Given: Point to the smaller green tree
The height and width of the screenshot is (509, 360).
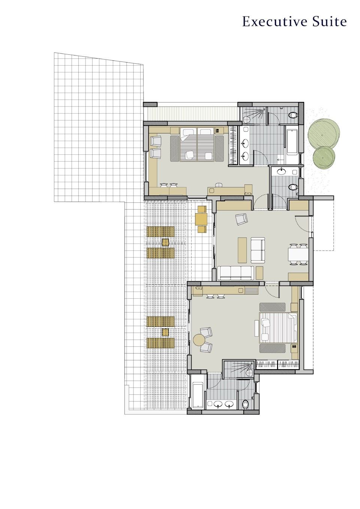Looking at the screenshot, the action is point(324,157).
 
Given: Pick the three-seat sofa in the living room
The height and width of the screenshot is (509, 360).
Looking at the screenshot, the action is point(235,273).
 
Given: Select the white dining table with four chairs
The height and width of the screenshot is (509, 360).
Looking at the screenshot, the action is point(298,254).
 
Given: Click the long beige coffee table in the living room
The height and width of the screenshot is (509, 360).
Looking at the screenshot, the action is point(242,250).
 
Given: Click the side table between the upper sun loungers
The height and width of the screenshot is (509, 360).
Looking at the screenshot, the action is point(165,243).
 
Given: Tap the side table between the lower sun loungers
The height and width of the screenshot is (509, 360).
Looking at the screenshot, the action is point(165,332).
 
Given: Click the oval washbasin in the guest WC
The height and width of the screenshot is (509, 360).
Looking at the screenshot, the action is point(282,171).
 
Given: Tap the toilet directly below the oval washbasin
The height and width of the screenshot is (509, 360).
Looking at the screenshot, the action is point(293,187).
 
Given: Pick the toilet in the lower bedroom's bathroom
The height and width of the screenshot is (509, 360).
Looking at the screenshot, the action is point(245,404).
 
